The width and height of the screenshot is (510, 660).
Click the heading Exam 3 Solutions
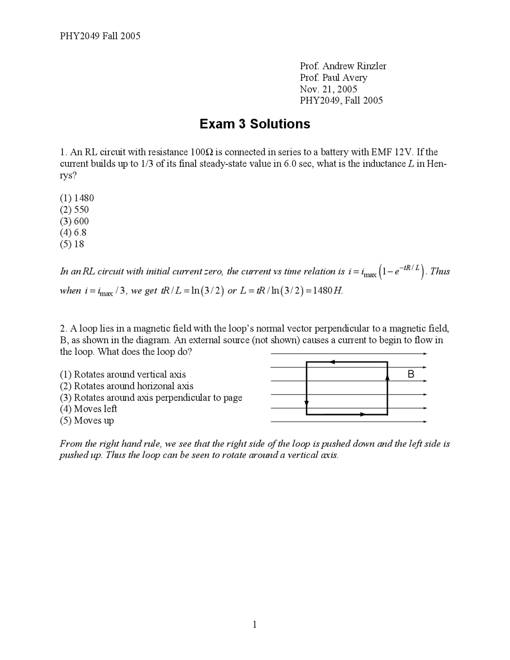[255, 124]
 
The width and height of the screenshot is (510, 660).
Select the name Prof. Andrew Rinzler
[343, 66]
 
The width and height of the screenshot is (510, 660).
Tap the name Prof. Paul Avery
[333, 78]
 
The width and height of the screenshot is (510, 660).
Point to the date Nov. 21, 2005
[328, 89]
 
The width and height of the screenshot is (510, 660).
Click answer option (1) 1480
[77, 198]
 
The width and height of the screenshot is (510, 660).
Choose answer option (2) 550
[75, 210]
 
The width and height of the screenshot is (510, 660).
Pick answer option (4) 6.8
[73, 232]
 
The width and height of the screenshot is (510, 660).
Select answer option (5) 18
[72, 244]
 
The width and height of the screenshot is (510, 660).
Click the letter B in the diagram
[411, 374]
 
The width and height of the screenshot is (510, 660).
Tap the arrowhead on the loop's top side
[332, 362]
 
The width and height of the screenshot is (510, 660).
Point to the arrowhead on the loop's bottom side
[362, 414]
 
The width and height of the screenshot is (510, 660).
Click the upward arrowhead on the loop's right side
[387, 377]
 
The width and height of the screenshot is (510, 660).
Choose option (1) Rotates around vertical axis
[123, 375]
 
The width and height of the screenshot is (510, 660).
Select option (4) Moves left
[88, 409]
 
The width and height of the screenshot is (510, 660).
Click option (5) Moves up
[87, 420]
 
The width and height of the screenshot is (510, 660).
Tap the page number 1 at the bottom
[255, 625]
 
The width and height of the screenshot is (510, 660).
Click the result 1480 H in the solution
[328, 291]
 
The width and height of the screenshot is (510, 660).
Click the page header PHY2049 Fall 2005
[100, 36]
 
